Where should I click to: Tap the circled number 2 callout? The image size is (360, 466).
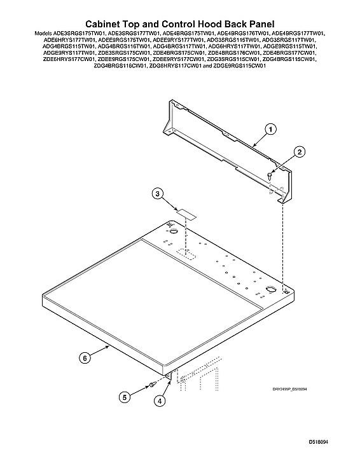point(299,151)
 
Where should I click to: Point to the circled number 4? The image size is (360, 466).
point(160,401)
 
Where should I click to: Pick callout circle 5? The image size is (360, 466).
point(125,397)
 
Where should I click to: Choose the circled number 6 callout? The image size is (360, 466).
point(84,357)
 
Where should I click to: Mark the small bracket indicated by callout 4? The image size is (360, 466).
point(169,377)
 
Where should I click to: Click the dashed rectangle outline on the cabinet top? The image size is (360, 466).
point(188,254)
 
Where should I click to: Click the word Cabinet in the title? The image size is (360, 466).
point(107,23)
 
